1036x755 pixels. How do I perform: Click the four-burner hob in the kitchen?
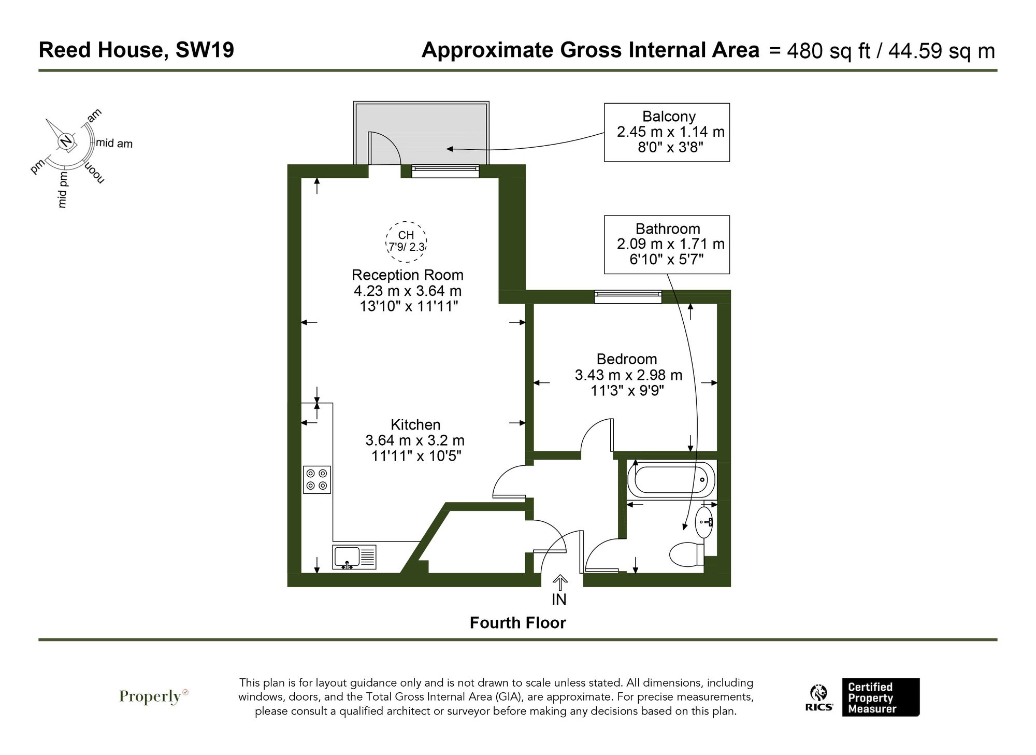317,479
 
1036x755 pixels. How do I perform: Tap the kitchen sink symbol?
355,557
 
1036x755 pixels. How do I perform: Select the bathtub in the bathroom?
671,480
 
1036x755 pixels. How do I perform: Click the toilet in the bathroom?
686,554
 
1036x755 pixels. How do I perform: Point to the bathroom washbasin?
704,522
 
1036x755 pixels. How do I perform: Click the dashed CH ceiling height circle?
406,241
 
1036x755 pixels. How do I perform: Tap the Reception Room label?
408,275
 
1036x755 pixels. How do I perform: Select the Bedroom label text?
627,359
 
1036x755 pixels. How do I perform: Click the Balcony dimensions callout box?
667,132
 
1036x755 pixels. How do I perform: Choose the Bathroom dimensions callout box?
667,244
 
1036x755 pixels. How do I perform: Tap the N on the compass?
66,141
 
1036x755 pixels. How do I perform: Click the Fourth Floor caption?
517,622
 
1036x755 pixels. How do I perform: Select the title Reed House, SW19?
136,50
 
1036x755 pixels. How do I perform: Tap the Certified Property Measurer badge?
880,697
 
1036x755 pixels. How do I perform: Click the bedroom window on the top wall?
628,297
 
